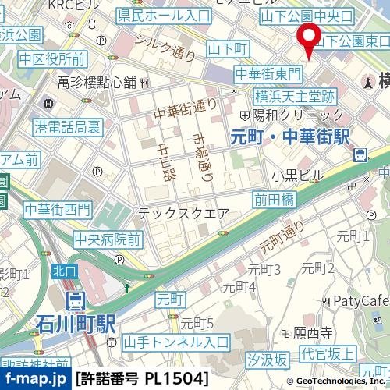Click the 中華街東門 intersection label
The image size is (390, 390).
[x=268, y=74]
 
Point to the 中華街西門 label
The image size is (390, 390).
[x=57, y=209]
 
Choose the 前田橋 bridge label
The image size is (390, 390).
[x=274, y=200]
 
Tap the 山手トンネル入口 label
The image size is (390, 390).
[x=176, y=342]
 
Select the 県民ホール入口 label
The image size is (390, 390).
[x=164, y=15]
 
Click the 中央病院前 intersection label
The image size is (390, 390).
[x=108, y=239]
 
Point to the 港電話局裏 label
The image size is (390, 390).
[x=68, y=126]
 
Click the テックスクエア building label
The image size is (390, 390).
[x=183, y=213]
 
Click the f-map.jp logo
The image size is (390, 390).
[x=36, y=379]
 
